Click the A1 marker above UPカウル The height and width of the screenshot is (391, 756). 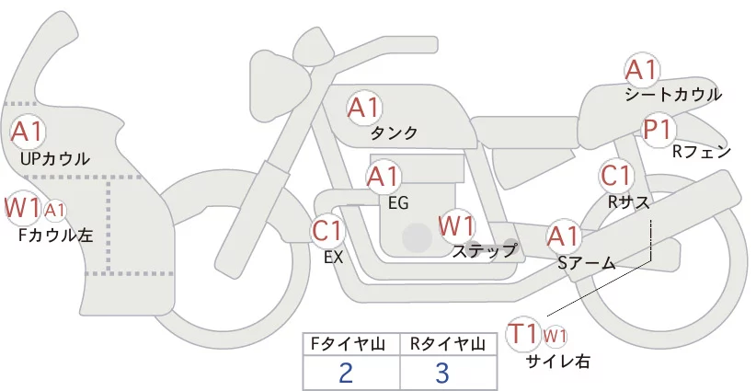tap(28, 132)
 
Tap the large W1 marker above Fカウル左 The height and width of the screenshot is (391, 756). tap(22, 208)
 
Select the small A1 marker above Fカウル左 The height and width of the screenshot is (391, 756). tap(55, 211)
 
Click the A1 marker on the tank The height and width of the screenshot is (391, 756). tap(364, 108)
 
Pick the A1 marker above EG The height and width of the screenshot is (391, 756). tap(384, 177)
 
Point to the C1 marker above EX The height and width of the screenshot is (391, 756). tap(327, 230)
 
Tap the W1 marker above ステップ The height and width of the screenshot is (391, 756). tap(456, 225)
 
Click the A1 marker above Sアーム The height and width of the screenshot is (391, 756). tap(563, 236)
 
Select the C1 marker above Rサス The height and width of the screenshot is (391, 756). tap(616, 176)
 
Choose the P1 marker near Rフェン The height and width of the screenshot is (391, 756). tap(659, 130)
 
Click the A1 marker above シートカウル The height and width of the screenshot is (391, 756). tap(642, 71)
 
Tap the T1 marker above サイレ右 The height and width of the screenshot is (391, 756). tap(523, 334)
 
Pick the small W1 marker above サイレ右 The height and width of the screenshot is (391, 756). tap(555, 336)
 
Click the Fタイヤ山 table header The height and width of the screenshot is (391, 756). tap(351, 344)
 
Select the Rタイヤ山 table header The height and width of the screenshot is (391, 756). tap(448, 344)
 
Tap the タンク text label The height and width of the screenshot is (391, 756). tap(394, 133)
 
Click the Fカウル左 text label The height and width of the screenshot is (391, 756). tap(55, 236)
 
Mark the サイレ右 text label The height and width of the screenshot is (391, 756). tap(557, 362)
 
